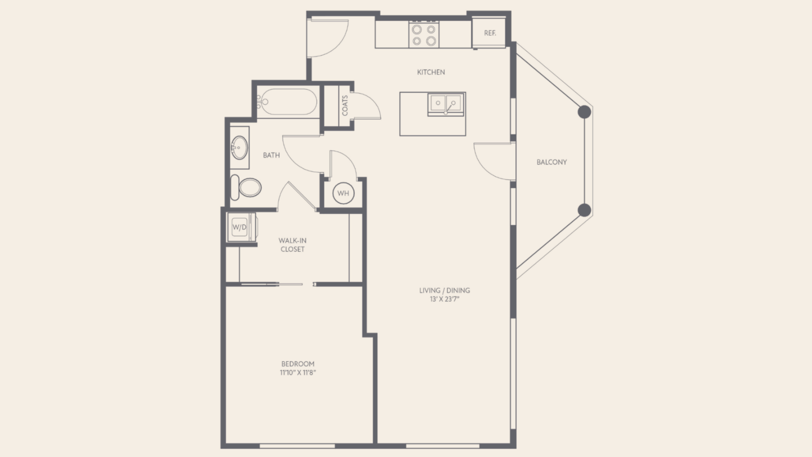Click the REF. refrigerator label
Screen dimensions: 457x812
(x=490, y=33)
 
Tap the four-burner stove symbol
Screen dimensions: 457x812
(x=424, y=35)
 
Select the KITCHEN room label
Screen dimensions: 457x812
(x=431, y=72)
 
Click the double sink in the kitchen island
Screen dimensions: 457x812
(x=446, y=104)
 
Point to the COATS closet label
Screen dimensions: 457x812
(x=345, y=106)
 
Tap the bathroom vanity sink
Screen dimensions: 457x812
(x=239, y=148)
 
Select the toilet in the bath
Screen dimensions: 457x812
(x=246, y=187)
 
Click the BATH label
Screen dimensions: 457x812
(x=271, y=155)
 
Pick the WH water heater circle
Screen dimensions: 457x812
(x=343, y=193)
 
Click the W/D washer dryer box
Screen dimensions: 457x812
(x=240, y=227)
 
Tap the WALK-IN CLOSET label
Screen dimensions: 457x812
(x=292, y=245)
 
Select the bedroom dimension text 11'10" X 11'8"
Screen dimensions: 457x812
(x=298, y=372)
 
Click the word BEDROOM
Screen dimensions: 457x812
(x=298, y=364)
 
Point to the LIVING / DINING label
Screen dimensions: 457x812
(x=445, y=290)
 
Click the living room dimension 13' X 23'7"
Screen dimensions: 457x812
(x=445, y=299)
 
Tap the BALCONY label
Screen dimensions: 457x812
(x=552, y=162)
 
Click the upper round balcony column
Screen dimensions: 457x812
(x=585, y=112)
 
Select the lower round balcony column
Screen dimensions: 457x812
(x=585, y=210)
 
